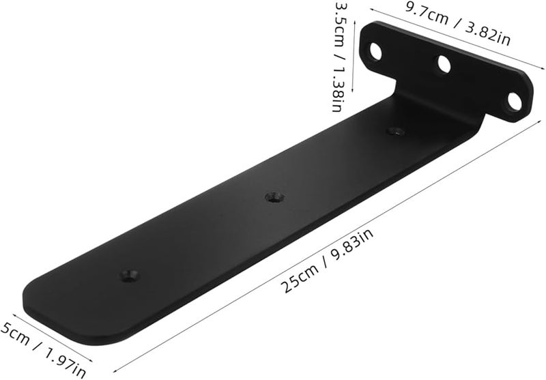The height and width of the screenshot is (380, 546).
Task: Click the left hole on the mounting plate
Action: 374,50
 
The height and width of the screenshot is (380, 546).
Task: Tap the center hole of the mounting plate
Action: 444,67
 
